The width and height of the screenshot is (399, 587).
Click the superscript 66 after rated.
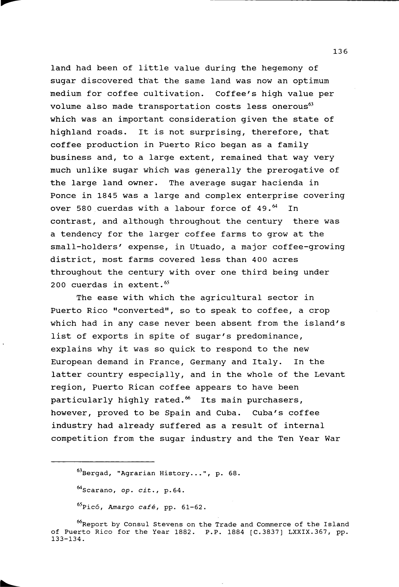pos(188,398)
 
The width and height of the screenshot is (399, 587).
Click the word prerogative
pos(295,170)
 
